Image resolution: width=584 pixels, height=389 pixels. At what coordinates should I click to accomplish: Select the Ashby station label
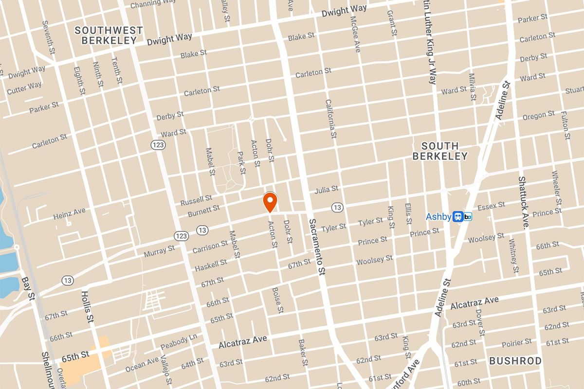pos(438,217)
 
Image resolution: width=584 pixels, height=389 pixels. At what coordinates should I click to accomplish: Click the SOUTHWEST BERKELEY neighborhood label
pos(109,35)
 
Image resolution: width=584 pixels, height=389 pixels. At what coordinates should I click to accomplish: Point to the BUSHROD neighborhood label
pos(515,361)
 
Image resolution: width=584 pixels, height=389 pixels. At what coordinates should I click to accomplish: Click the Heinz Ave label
pos(69,213)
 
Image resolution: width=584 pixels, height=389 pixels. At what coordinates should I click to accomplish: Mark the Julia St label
pos(326,189)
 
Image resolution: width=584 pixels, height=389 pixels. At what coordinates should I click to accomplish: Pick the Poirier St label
pos(517,344)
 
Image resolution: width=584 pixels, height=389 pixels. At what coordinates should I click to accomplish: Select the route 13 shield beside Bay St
pos(68,281)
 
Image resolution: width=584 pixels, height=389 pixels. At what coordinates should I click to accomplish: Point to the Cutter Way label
pos(24,88)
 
